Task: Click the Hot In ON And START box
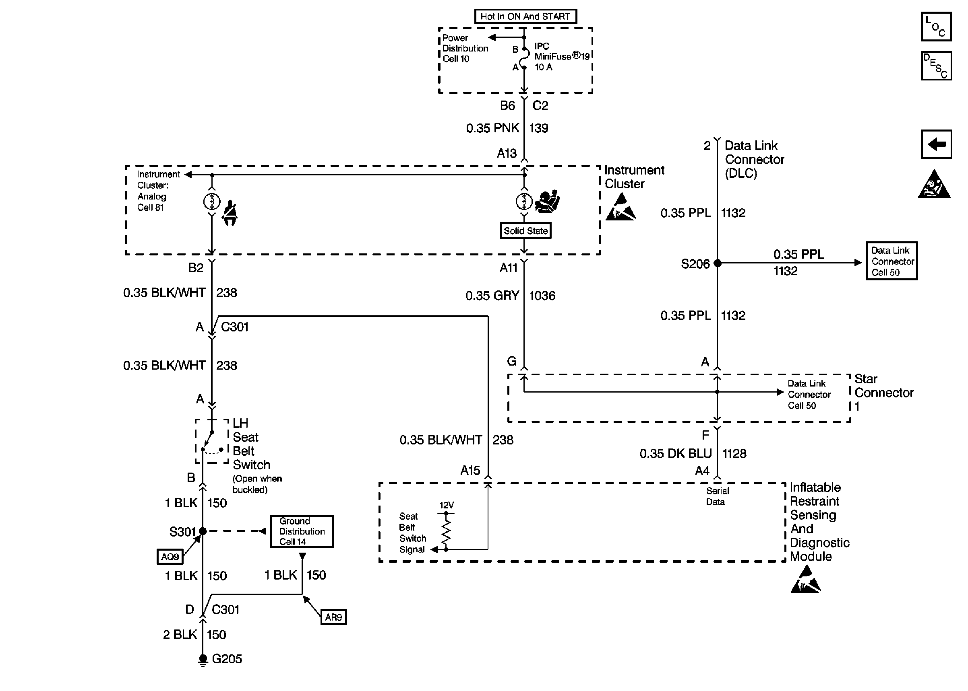pyautogui.click(x=525, y=16)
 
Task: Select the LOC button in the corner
pyautogui.click(x=936, y=27)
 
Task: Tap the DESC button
pyautogui.click(x=936, y=66)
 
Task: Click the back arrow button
pyautogui.click(x=936, y=144)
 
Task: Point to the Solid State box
pyautogui.click(x=525, y=230)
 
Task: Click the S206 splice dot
pyautogui.click(x=717, y=263)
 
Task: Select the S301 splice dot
pyautogui.click(x=203, y=531)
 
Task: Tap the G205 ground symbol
pyautogui.click(x=203, y=660)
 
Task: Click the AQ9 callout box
pyautogui.click(x=170, y=557)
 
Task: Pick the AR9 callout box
pyautogui.click(x=333, y=617)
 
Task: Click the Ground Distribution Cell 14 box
pyautogui.click(x=302, y=531)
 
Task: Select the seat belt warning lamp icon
pyautogui.click(x=230, y=213)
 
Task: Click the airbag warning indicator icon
pyautogui.click(x=547, y=202)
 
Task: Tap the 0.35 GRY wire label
pyautogui.click(x=492, y=296)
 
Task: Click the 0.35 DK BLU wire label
pyautogui.click(x=675, y=454)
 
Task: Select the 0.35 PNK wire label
pyautogui.click(x=492, y=128)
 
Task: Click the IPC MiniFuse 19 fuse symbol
pyautogui.click(x=524, y=58)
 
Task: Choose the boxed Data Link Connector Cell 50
pyautogui.click(x=891, y=261)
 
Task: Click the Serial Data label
pyautogui.click(x=717, y=496)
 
